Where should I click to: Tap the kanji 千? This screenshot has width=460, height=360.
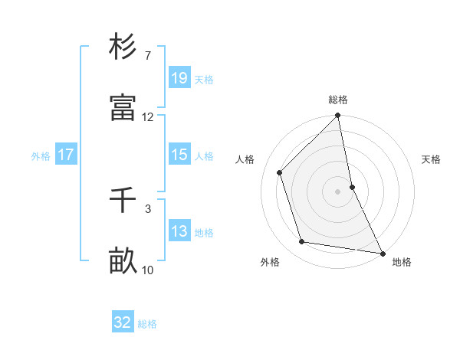(x=123, y=201)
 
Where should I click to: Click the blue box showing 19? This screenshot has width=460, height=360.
(x=179, y=77)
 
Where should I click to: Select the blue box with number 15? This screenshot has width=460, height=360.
(x=179, y=155)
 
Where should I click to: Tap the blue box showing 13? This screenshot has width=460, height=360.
(x=179, y=231)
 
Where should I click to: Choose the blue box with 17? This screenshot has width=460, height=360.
(x=66, y=155)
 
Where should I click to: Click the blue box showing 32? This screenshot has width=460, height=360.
(x=123, y=322)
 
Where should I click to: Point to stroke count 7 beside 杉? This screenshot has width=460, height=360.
(x=148, y=56)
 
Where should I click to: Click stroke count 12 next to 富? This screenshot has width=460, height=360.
(x=148, y=117)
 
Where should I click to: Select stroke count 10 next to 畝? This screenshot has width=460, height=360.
(x=148, y=270)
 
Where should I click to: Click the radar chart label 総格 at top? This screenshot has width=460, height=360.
(x=338, y=100)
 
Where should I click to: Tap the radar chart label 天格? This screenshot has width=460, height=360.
(x=431, y=159)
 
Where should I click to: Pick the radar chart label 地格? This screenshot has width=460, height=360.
(x=402, y=263)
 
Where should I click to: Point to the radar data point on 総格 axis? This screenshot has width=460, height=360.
(x=338, y=116)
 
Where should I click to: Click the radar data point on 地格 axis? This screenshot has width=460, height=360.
(x=382, y=253)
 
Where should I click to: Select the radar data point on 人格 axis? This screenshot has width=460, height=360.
(x=280, y=172)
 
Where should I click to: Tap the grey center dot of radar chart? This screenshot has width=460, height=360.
(x=338, y=191)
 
